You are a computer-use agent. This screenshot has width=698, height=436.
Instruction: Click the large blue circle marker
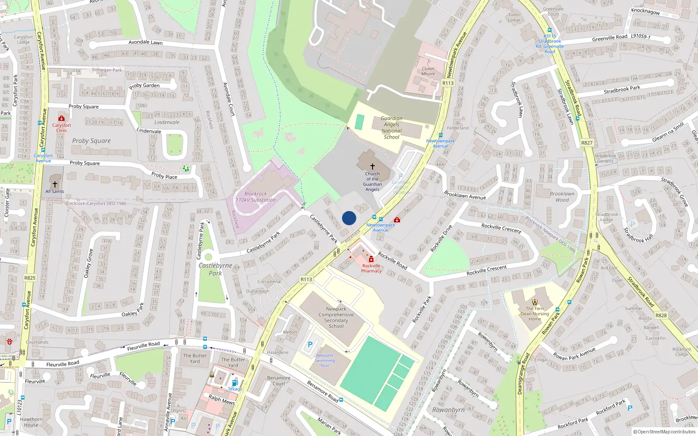[x=349, y=218]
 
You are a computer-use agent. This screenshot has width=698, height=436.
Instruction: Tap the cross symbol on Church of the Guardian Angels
[x=373, y=167]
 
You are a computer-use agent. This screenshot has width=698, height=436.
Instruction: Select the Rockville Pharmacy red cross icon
[x=371, y=259]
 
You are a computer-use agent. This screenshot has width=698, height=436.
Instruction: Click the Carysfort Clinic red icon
[x=62, y=118]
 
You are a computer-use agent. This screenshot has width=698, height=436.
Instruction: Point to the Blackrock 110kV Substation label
[x=256, y=197]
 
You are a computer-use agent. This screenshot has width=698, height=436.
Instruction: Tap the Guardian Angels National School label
[x=392, y=127]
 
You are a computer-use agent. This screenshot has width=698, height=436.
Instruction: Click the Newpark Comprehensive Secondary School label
[x=336, y=317]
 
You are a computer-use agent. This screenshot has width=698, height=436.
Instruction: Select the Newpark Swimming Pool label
[x=325, y=361]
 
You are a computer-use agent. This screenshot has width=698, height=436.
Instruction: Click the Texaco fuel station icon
[x=234, y=383]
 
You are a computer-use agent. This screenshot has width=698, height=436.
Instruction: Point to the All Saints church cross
[x=55, y=184]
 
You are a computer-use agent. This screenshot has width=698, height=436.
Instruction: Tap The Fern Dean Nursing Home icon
[x=535, y=302]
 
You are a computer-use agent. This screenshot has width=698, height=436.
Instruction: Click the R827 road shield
[x=587, y=143]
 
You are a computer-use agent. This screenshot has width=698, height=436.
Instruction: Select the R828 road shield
[x=661, y=315]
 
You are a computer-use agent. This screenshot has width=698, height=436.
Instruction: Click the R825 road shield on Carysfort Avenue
[x=30, y=278]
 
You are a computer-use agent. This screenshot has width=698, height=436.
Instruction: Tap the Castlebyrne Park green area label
[x=216, y=269]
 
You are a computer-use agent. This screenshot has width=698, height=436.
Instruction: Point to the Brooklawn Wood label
[x=562, y=197]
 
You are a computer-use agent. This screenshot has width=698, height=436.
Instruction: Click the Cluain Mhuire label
[x=428, y=71]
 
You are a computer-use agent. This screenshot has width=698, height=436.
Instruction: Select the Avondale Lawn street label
[x=145, y=42]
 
